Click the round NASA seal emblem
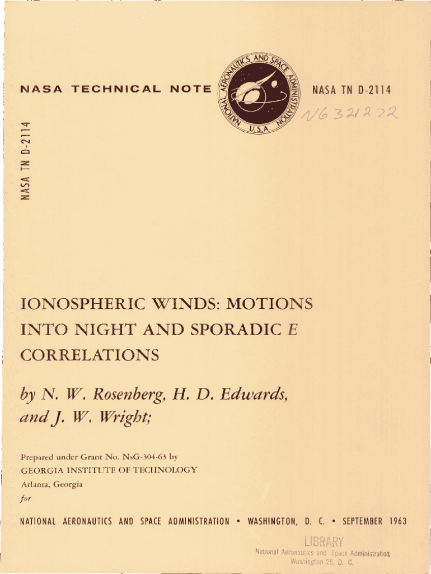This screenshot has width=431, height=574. tap(259, 95)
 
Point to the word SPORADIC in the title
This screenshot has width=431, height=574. tap(235, 330)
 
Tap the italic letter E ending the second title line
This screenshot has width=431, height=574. tap(290, 330)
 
